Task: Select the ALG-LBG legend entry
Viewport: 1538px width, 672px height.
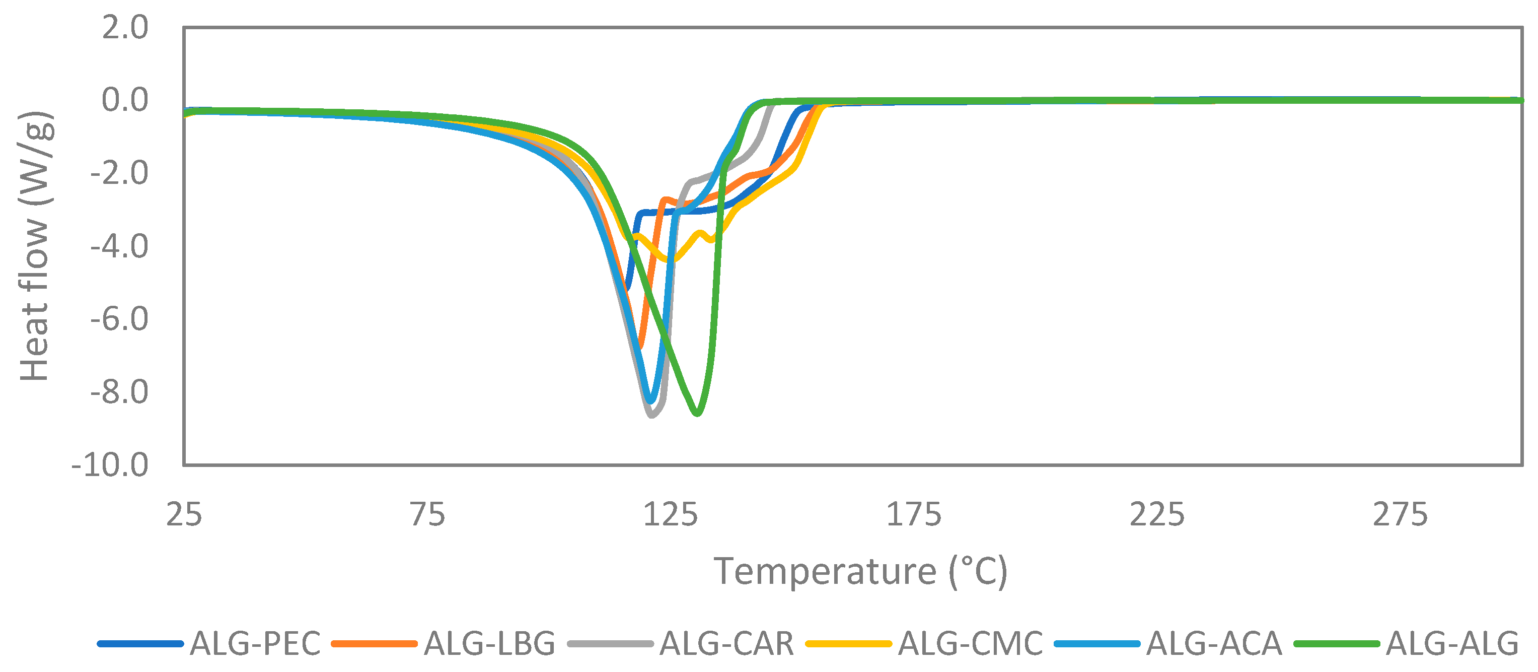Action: [x=489, y=643]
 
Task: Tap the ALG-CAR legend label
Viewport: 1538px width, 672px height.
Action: [x=726, y=643]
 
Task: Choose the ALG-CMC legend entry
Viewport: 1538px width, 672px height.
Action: [x=970, y=643]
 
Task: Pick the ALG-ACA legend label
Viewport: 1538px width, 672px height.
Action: [x=1214, y=643]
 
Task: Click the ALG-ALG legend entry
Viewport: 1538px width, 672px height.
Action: [x=1451, y=643]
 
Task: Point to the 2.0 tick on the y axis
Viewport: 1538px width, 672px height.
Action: [x=124, y=28]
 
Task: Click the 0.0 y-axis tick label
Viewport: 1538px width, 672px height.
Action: [x=124, y=100]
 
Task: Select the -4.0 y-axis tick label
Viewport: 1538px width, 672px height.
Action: [x=119, y=246]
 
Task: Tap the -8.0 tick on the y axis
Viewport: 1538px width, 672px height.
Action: [x=119, y=392]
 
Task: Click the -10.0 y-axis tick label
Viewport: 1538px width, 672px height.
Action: [x=110, y=465]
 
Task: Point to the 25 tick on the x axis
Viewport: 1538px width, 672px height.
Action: [x=184, y=514]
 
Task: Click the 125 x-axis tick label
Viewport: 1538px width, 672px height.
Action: [x=670, y=514]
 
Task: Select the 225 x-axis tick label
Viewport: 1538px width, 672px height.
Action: [x=1156, y=514]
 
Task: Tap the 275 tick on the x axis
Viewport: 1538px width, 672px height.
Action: [x=1400, y=514]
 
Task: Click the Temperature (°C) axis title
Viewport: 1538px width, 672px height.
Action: [x=860, y=571]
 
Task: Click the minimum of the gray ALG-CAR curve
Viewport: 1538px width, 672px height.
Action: [x=651, y=415]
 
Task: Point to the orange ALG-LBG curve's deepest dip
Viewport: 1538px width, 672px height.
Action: [x=641, y=347]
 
